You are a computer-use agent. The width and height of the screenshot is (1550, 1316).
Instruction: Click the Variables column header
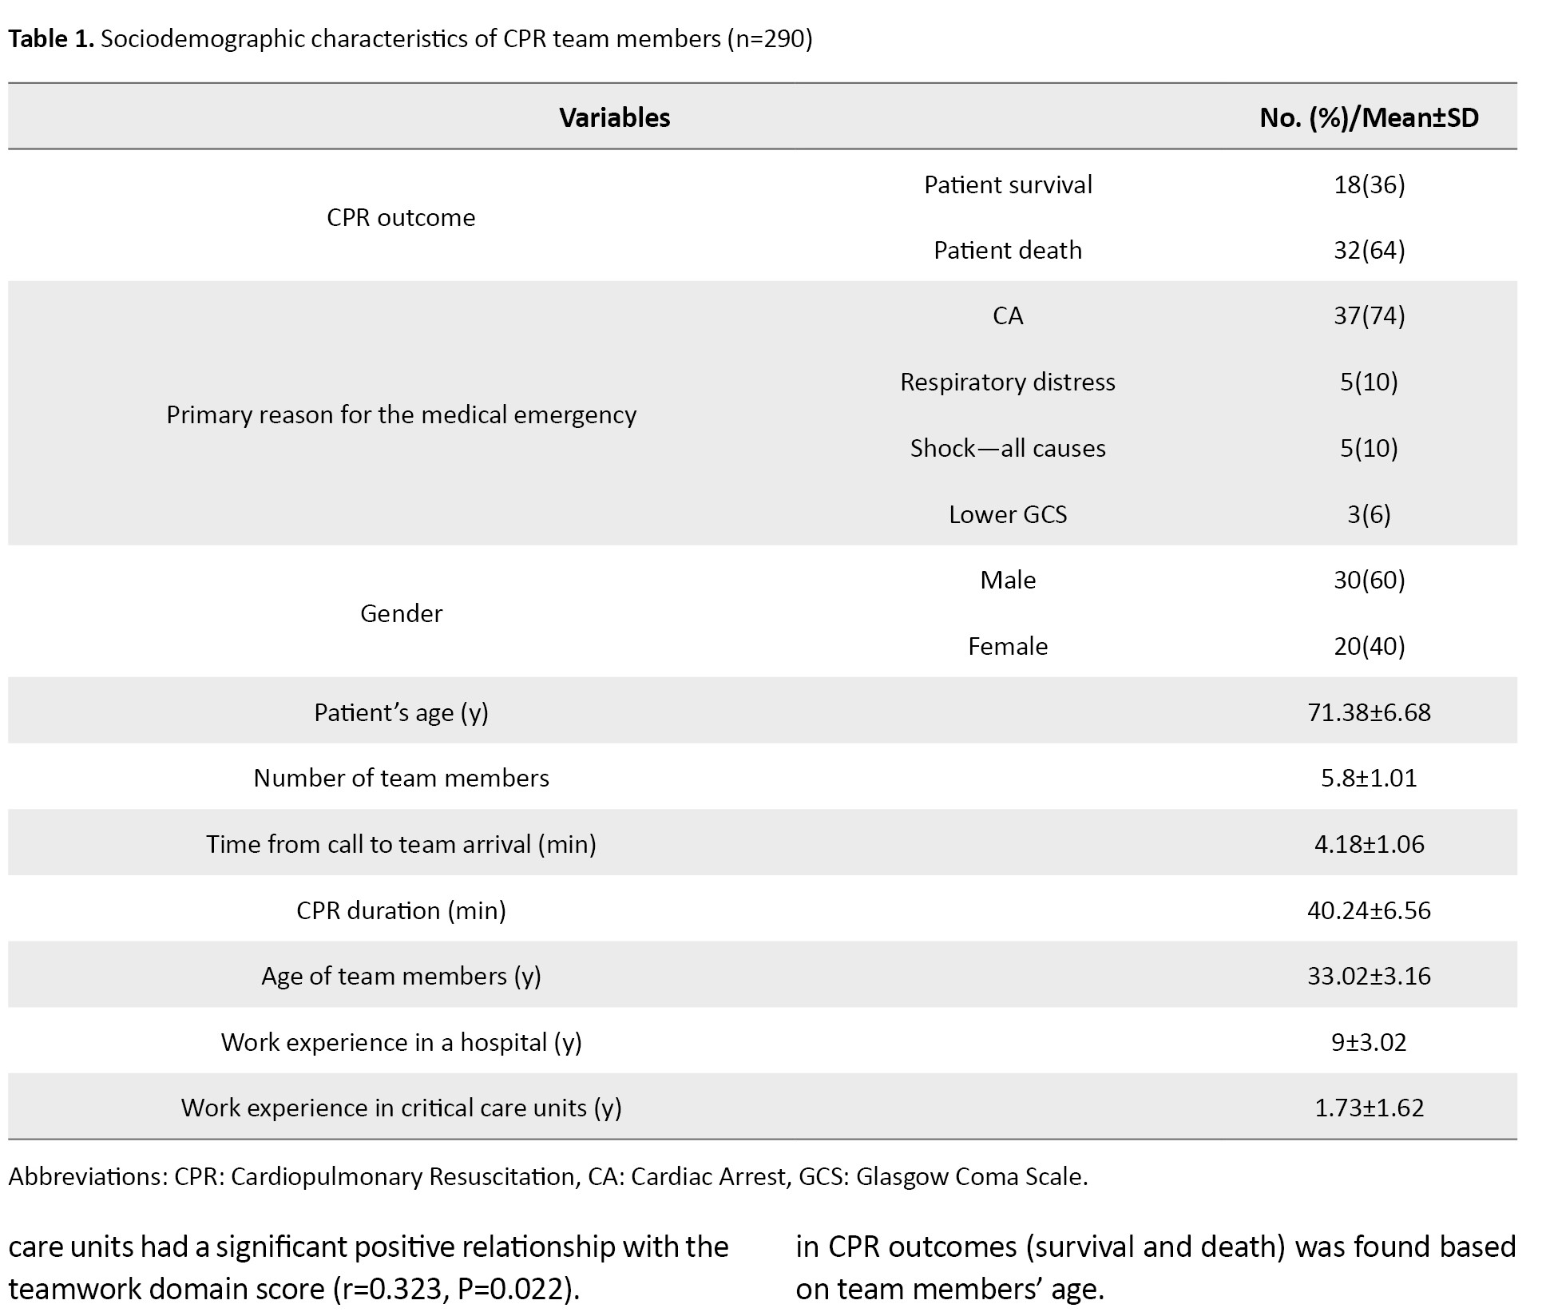pyautogui.click(x=614, y=118)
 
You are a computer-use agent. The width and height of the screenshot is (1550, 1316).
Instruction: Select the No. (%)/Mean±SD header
pyautogui.click(x=1369, y=118)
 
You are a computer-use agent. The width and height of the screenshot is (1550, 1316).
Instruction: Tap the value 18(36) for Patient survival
pyautogui.click(x=1369, y=185)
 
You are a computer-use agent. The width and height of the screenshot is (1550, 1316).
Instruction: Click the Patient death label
pyautogui.click(x=1007, y=251)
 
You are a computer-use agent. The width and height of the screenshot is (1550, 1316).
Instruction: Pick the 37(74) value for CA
pyautogui.click(x=1369, y=316)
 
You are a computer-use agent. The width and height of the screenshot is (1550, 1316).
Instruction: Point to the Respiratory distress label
pyautogui.click(x=1007, y=383)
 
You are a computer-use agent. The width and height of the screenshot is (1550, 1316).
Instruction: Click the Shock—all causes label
pyautogui.click(x=1007, y=449)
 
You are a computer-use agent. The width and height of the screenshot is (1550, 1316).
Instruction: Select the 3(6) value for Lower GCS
pyautogui.click(x=1369, y=514)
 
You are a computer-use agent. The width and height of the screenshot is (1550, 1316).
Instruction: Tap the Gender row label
pyautogui.click(x=401, y=613)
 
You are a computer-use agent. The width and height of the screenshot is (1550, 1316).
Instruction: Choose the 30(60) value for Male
pyautogui.click(x=1369, y=580)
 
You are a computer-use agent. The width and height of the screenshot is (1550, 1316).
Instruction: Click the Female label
pyautogui.click(x=1007, y=646)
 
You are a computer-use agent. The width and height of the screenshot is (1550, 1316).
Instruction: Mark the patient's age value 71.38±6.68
pyautogui.click(x=1369, y=712)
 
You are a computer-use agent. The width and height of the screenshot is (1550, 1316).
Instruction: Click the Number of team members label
pyautogui.click(x=401, y=779)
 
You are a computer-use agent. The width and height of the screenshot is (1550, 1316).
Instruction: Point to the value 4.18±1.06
pyautogui.click(x=1369, y=845)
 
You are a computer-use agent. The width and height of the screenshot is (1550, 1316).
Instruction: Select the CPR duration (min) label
pyautogui.click(x=401, y=911)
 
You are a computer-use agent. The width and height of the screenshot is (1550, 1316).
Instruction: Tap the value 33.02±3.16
pyautogui.click(x=1369, y=977)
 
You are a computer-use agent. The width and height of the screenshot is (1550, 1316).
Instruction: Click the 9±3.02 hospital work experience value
pyautogui.click(x=1369, y=1043)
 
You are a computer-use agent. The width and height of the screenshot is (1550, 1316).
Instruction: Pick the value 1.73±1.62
pyautogui.click(x=1369, y=1108)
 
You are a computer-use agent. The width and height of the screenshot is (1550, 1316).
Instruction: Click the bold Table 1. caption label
pyautogui.click(x=51, y=39)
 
